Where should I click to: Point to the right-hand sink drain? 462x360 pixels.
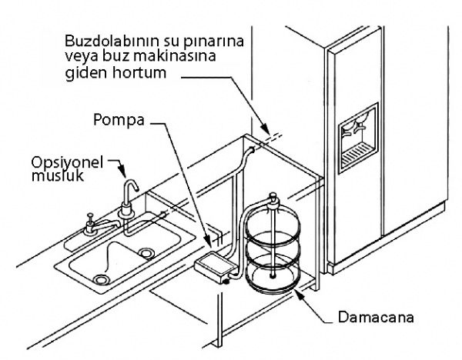[146, 253]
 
